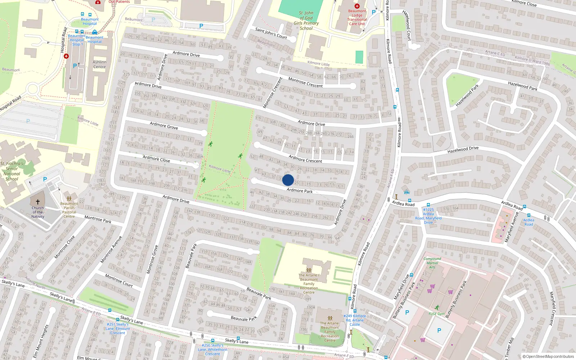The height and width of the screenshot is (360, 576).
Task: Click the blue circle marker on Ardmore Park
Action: point(288,180)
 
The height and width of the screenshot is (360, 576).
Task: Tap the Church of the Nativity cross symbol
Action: point(38,202)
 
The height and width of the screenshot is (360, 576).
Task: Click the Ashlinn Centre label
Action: point(99,64)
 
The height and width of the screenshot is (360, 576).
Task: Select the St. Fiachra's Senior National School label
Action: point(12,171)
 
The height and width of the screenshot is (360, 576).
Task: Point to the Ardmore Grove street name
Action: point(164,125)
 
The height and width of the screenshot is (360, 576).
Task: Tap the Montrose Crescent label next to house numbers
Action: point(305,82)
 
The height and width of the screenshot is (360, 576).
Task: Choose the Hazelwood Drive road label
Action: point(463,149)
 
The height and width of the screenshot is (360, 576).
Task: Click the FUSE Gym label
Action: point(437,314)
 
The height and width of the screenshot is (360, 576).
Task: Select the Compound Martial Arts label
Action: point(432,263)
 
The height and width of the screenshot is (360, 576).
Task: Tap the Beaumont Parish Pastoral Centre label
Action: point(69,210)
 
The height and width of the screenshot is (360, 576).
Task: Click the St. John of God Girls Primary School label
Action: point(306,21)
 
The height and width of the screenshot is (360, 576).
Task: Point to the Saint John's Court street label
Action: point(271,33)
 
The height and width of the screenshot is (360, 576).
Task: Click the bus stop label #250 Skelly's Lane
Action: point(212,349)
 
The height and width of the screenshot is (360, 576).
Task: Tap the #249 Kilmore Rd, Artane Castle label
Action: point(355,320)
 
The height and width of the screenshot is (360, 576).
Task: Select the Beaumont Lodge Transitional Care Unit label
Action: point(357,17)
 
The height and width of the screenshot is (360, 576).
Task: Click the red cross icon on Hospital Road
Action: point(66,56)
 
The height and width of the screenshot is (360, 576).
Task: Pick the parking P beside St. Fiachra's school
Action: point(45,179)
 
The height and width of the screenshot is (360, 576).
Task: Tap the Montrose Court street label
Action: point(119,280)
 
